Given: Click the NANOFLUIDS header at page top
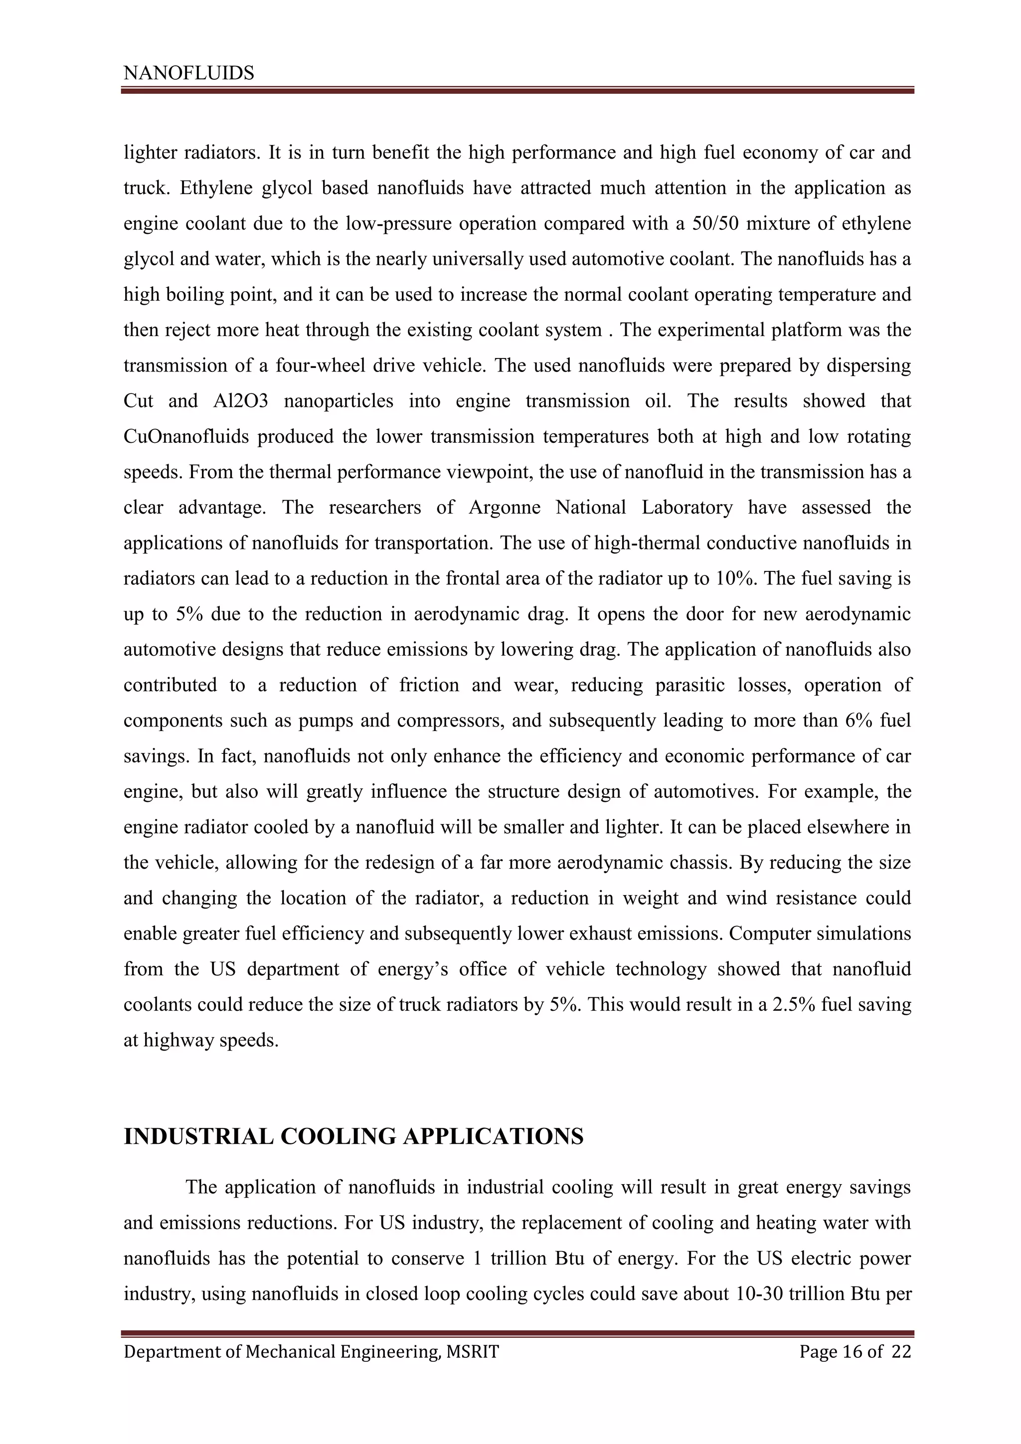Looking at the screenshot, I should (188, 74).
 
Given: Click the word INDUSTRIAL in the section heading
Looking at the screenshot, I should (197, 1136).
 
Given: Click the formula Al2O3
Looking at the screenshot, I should (241, 401).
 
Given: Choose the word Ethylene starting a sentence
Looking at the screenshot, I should (209, 188).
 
